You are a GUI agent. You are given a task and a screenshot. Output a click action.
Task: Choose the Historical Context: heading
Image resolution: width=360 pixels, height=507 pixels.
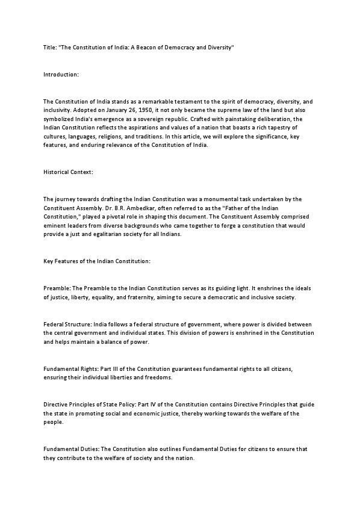[69, 171]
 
